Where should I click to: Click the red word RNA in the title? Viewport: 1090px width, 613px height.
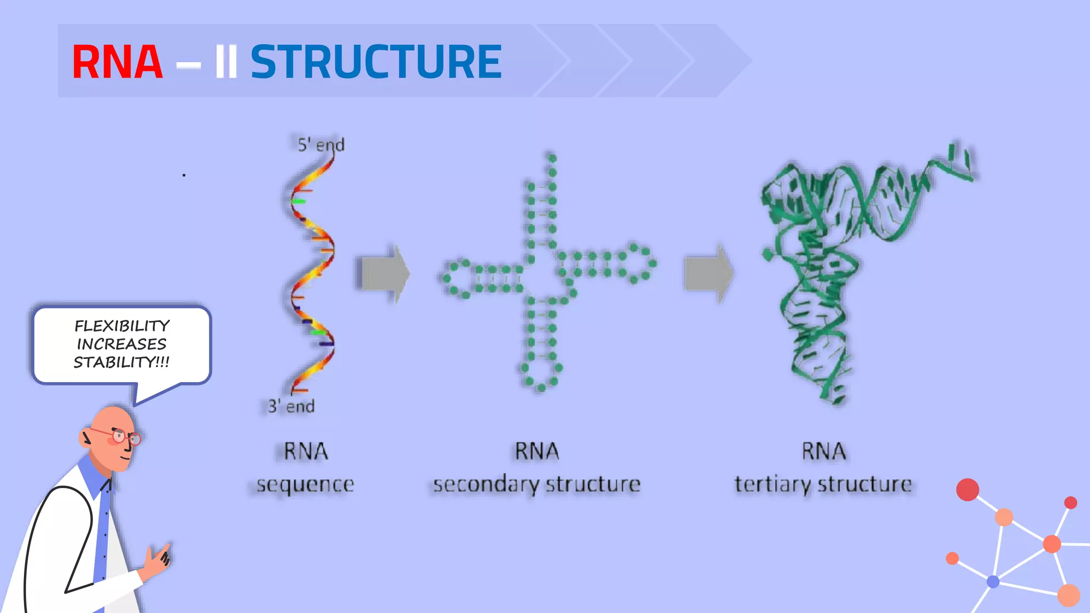pos(117,62)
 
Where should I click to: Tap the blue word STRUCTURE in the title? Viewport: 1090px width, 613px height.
pos(376,62)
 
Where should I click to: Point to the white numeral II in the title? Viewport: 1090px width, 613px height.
pos(226,62)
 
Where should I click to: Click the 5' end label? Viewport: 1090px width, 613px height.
pos(321,145)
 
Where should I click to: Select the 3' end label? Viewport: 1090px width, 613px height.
pos(291,407)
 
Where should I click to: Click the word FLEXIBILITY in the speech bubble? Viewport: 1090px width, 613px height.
pos(122,326)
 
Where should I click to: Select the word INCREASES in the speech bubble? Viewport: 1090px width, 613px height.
pos(122,344)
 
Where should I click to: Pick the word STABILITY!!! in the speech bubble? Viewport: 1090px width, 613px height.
pos(122,362)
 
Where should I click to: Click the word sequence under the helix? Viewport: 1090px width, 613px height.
pos(305,484)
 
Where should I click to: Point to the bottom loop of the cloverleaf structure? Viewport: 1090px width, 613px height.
pos(541,376)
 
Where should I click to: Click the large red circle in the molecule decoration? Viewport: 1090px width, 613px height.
pos(968,490)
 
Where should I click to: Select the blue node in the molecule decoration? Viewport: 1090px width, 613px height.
pos(993,582)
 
